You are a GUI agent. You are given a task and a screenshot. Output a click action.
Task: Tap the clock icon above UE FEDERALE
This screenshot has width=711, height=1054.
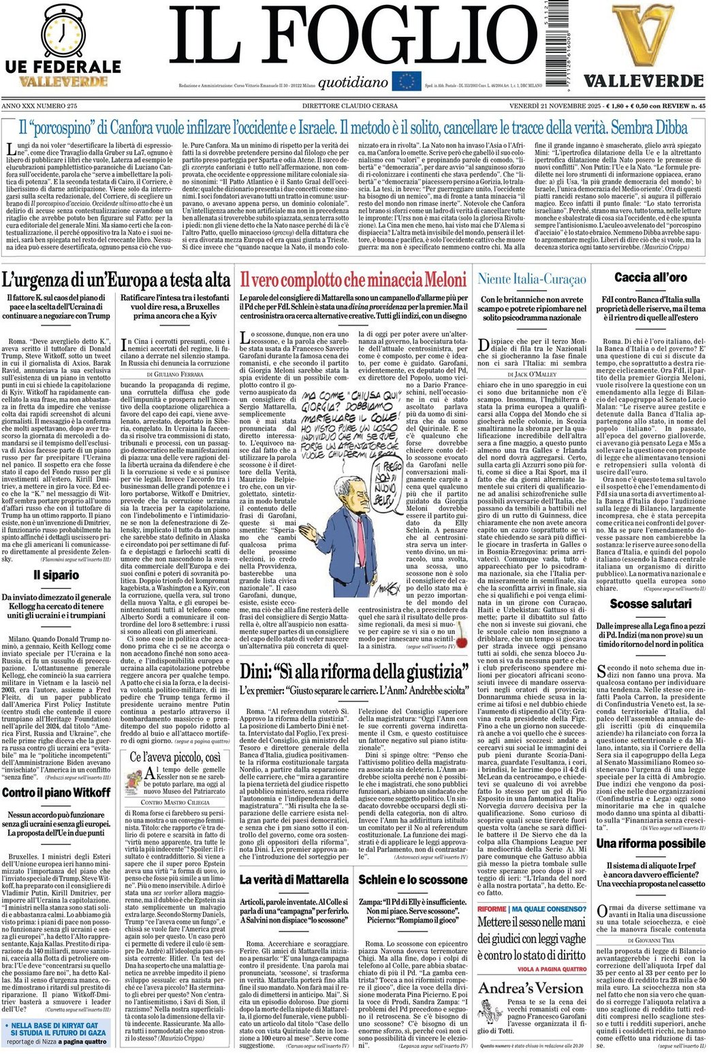63,31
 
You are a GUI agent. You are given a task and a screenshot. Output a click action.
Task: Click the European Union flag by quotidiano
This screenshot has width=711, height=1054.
407,82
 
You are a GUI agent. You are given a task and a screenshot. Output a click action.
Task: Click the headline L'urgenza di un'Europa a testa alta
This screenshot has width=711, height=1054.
116,279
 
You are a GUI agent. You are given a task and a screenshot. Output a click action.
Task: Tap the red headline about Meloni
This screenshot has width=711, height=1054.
353,279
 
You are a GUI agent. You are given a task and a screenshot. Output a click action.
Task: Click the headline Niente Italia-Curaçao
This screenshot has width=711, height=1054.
532,278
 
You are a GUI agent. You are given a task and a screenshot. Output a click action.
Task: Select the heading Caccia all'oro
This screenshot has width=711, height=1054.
650,277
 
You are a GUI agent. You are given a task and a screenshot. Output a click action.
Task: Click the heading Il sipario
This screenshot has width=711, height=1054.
57,575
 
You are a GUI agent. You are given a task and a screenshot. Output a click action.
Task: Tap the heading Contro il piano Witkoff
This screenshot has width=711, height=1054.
57,793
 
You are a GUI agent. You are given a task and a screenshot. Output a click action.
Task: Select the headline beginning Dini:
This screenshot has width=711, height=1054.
354,671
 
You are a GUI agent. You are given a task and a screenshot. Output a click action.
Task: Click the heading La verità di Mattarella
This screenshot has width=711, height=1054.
294,879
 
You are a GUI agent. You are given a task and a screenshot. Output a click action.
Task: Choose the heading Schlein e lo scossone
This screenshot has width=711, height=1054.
413,879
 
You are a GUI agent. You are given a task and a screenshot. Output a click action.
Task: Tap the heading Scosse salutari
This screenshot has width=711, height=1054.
650,604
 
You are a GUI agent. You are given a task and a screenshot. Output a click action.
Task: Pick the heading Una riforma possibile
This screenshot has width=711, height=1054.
650,844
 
